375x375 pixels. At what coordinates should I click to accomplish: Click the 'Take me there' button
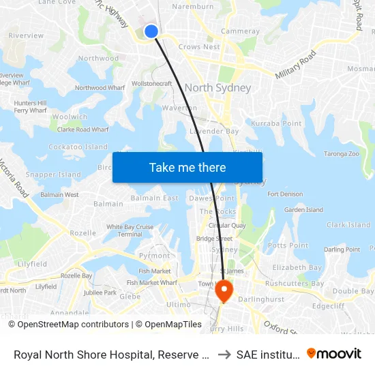[187, 168]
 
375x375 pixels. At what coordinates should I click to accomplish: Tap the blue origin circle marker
[151, 31]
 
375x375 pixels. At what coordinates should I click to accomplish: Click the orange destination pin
[223, 291]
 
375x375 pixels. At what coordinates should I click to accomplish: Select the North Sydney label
[217, 88]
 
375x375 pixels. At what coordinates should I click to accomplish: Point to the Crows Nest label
[199, 47]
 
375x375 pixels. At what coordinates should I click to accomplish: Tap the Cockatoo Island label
[78, 147]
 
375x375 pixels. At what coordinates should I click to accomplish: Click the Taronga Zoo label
[342, 154]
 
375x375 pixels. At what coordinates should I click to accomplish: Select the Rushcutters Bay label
[295, 284]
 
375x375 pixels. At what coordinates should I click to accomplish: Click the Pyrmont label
[155, 256]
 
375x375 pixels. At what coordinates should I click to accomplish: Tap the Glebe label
[130, 297]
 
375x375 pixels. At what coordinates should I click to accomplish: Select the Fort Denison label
[286, 194]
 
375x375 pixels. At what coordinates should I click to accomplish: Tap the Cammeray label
[240, 31]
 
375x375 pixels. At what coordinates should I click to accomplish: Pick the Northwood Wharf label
[100, 88]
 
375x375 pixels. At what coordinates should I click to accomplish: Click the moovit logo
[334, 353]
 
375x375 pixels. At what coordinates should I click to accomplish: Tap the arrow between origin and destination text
[224, 354]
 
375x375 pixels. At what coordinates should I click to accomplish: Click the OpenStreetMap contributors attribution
[68, 325]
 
